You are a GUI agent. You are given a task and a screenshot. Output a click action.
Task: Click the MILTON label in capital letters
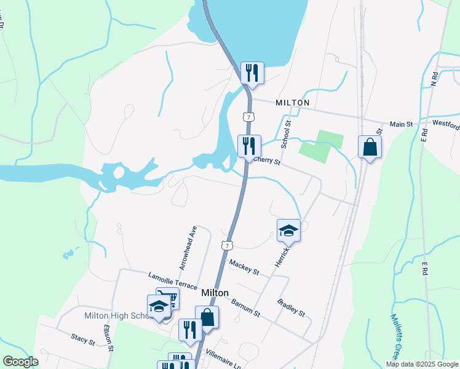click(x=293, y=103)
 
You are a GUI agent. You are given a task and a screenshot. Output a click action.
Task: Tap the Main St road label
click(x=401, y=124)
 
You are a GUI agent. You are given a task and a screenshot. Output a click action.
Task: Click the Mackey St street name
click(x=244, y=266)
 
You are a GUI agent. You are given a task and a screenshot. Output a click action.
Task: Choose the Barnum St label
click(x=246, y=307)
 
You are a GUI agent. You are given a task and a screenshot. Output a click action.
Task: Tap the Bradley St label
click(x=291, y=307)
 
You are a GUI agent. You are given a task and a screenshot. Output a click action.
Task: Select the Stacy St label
click(x=82, y=338)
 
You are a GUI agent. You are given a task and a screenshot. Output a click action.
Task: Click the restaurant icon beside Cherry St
click(x=249, y=146)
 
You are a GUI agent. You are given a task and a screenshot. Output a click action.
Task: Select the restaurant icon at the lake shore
click(x=252, y=73)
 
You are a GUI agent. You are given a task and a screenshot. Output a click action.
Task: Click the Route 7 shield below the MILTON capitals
click(x=247, y=116)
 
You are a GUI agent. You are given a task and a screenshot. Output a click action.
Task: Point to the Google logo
click(x=20, y=362)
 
